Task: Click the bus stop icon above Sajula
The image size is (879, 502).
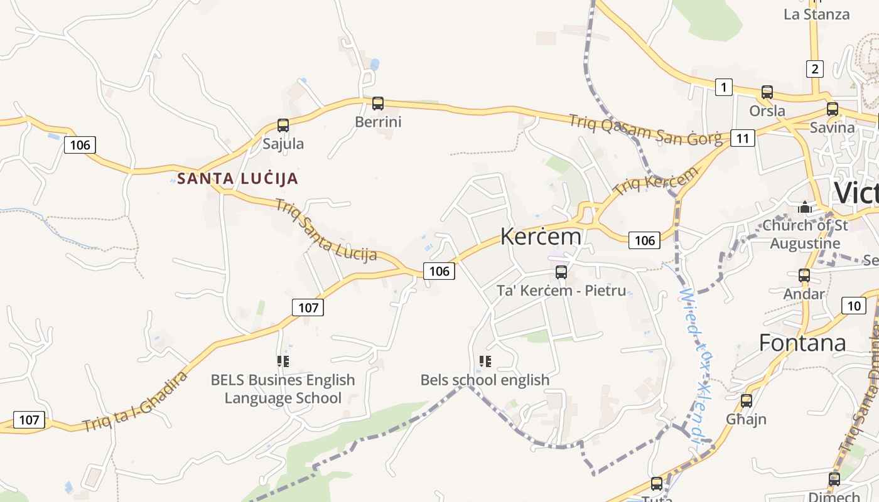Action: tap(283, 125)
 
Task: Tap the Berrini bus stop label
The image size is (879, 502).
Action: tap(378, 122)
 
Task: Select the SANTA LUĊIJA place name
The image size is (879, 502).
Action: tap(237, 179)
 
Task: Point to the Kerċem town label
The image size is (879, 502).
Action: tap(541, 237)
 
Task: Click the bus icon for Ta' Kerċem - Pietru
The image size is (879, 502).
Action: tap(561, 272)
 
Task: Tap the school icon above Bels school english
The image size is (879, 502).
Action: tap(485, 361)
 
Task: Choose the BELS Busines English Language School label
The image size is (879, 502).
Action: tap(283, 389)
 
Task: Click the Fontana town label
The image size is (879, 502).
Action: tap(802, 343)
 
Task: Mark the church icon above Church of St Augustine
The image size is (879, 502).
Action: tap(805, 206)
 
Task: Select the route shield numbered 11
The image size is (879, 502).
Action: tap(743, 138)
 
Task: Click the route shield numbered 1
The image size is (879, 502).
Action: tap(724, 87)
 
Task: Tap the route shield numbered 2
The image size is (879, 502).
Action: tap(814, 69)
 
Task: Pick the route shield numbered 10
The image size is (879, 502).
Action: tap(854, 306)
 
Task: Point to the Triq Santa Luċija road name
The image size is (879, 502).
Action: tap(326, 230)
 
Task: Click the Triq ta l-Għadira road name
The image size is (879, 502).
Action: tap(135, 402)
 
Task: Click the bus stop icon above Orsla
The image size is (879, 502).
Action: tap(767, 92)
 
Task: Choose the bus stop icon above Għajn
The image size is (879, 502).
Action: tap(747, 400)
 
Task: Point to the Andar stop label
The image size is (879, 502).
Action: tap(804, 294)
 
